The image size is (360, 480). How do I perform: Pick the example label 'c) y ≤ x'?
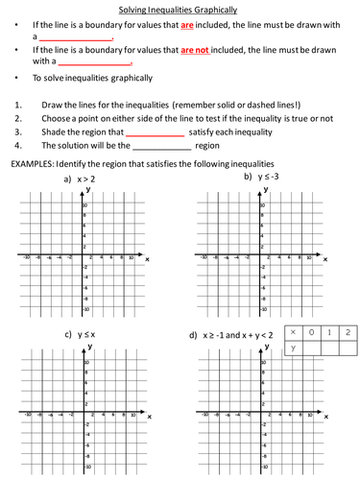coord(80,334)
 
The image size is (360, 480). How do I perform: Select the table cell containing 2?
coord(349,331)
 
